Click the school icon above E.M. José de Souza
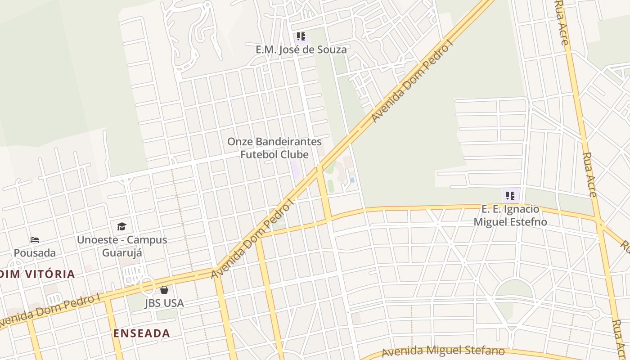301,36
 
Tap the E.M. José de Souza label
301,49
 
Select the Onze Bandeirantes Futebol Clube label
274,148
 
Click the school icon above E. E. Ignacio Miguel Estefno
510,196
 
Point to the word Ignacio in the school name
522,209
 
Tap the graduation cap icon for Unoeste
121,226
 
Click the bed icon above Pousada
35,240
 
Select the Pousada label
35,253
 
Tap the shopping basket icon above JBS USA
164,290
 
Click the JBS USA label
164,303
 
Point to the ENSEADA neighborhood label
141,333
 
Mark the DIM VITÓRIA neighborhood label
38,274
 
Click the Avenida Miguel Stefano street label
443,351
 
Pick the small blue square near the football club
352,180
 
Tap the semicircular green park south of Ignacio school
514,289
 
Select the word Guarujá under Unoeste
122,252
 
